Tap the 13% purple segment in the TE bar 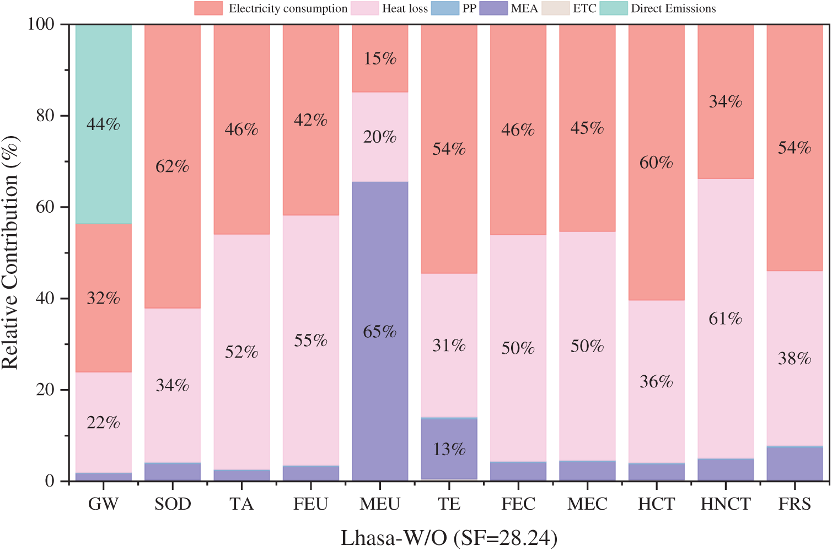[449, 449]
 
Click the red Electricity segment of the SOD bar [173, 110]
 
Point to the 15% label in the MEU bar [380, 58]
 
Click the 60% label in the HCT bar [656, 163]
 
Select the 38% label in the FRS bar [795, 359]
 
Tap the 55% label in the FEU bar [311, 341]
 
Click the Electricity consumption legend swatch [208, 8]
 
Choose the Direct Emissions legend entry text [673, 8]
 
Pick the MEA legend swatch [493, 8]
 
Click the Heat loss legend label [405, 8]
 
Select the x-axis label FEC [518, 504]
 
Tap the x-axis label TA [241, 504]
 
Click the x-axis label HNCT [726, 504]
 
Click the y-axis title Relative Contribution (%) [11, 252]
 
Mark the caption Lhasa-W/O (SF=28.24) [449, 538]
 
